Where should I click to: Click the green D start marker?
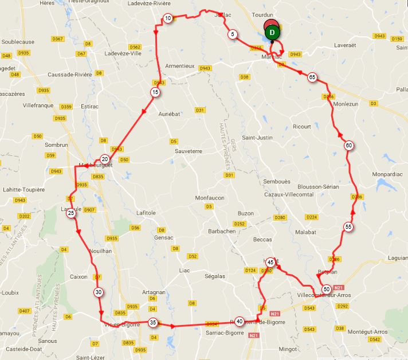[273, 32]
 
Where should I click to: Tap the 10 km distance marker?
[167, 18]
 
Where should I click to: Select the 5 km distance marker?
[232, 34]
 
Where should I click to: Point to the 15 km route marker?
[155, 92]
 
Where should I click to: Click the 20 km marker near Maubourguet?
[104, 159]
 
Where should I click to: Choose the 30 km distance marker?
[99, 292]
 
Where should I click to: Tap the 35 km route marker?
[152, 322]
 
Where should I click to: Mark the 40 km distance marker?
[239, 322]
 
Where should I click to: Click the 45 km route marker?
[270, 262]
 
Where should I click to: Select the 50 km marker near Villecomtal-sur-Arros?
[326, 289]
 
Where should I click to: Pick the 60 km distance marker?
[348, 146]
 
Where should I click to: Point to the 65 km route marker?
[312, 77]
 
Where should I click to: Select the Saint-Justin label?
[256, 137]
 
